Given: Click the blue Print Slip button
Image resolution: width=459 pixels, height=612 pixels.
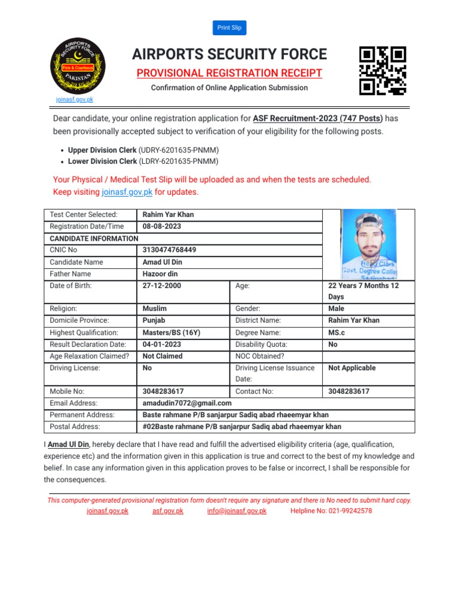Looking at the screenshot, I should coord(229,27).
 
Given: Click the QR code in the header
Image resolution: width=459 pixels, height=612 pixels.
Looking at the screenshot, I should coord(382,71).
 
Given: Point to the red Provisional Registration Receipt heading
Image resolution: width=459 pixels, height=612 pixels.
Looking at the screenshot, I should coord(229,74).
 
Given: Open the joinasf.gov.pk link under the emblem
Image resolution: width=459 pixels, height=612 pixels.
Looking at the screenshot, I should coord(75,100).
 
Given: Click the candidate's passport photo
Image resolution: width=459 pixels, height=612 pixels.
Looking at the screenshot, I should coord(368,244).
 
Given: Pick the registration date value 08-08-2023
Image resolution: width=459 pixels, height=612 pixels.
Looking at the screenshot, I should coord(162,227).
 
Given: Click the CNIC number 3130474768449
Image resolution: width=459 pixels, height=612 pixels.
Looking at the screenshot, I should coord(169,250).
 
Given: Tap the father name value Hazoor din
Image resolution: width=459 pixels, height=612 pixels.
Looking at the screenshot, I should coord(160,274).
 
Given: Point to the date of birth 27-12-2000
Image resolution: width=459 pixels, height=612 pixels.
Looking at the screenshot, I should coord(162,286).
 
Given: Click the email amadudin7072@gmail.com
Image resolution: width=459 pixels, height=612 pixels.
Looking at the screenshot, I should coord(187,403).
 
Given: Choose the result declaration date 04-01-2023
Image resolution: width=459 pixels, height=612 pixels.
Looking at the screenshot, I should coord(162,344).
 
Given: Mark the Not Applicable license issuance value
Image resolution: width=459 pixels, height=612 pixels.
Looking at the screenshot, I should coord(352,368).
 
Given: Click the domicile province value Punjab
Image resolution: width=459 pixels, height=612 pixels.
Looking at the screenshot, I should coord(154,320).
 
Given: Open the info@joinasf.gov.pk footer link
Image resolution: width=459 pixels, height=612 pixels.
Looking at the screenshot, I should coord(237,511).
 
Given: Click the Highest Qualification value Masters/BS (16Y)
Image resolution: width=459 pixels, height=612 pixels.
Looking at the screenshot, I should coord(172,332).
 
